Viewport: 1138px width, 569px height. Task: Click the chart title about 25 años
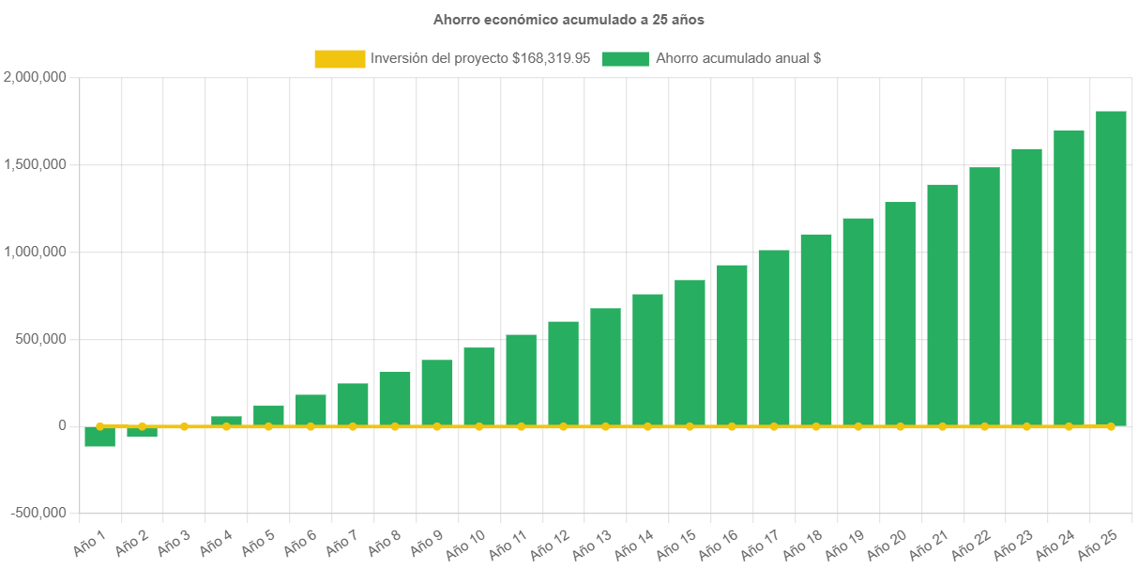(569, 19)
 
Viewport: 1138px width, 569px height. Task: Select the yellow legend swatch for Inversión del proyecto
(339, 58)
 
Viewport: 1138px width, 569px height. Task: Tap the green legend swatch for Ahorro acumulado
(625, 58)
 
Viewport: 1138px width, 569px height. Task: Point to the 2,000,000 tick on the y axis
(35, 77)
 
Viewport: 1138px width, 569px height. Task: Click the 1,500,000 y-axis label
(35, 164)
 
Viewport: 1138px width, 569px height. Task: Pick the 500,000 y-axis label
(38, 338)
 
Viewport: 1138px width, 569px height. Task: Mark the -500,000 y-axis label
(38, 513)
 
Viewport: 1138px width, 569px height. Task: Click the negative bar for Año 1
(99, 437)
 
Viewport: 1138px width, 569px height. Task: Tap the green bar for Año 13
(605, 366)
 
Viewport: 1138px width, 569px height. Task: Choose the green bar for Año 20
(900, 314)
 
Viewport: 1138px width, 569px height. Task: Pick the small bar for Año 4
(226, 421)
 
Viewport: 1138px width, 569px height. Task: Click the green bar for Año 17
(774, 337)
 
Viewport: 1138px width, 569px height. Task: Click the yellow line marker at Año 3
(184, 426)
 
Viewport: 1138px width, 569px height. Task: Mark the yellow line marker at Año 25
(1111, 426)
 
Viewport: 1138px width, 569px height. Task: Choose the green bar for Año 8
(395, 398)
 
